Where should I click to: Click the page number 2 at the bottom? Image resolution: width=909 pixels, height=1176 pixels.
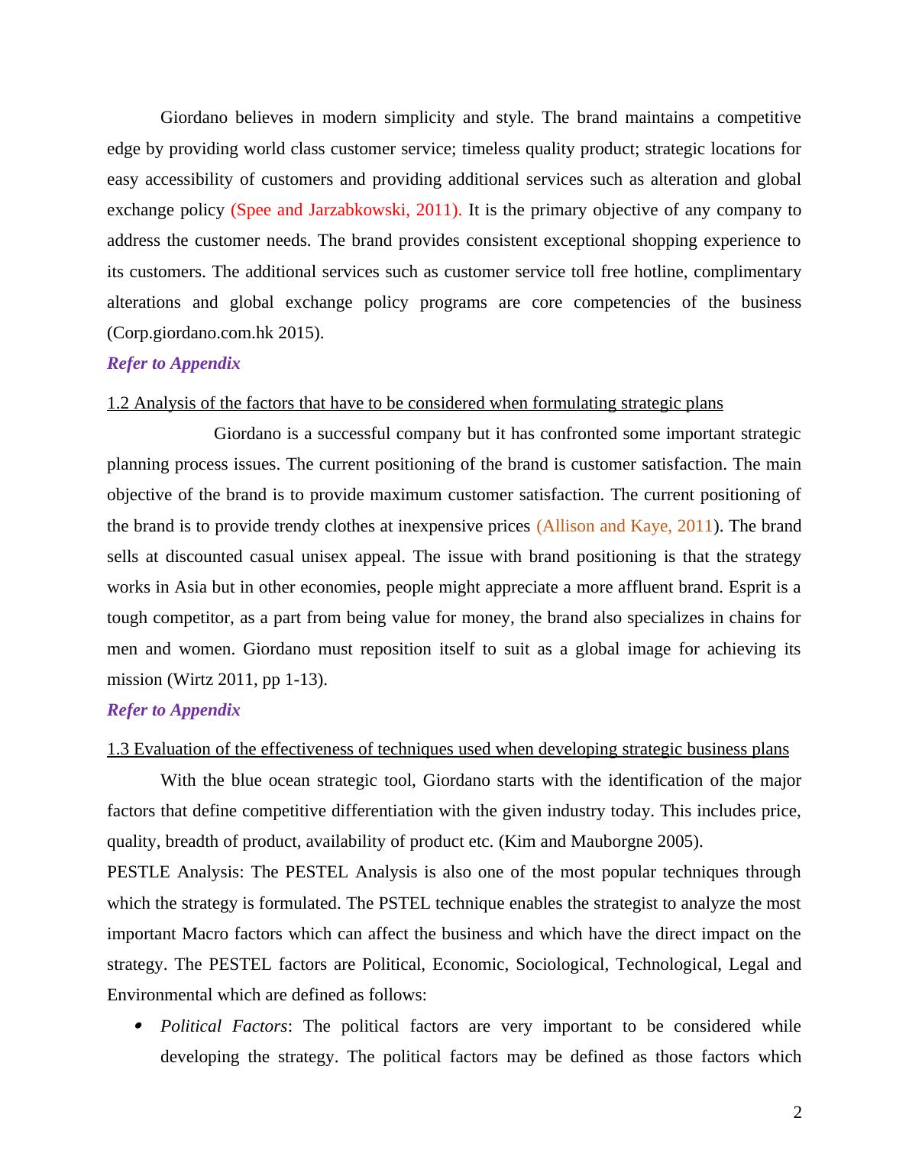coord(797,1113)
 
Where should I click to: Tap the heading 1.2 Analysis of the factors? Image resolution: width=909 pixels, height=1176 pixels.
coord(415,403)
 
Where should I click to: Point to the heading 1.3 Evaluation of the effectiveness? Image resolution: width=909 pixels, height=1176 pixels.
coord(448,749)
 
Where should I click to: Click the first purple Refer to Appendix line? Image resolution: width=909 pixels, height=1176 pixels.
coord(173,363)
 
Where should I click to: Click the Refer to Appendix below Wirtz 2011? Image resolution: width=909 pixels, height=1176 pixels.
coord(173,710)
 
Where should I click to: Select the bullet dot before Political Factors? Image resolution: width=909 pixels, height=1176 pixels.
coord(137,1026)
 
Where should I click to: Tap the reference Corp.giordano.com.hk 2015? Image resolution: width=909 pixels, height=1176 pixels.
coord(215,333)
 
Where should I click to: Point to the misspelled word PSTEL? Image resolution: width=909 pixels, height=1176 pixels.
coord(404,903)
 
